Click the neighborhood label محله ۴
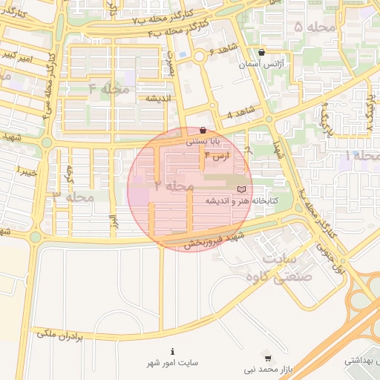[x=109, y=89]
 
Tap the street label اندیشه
[x=158, y=98]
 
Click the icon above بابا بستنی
[x=203, y=130]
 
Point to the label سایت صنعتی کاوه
[x=289, y=267]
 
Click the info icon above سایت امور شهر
[x=173, y=351]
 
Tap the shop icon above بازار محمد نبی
[x=267, y=358]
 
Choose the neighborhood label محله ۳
[x=73, y=197]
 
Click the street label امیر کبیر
[x=15, y=56]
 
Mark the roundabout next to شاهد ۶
[x=199, y=57]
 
